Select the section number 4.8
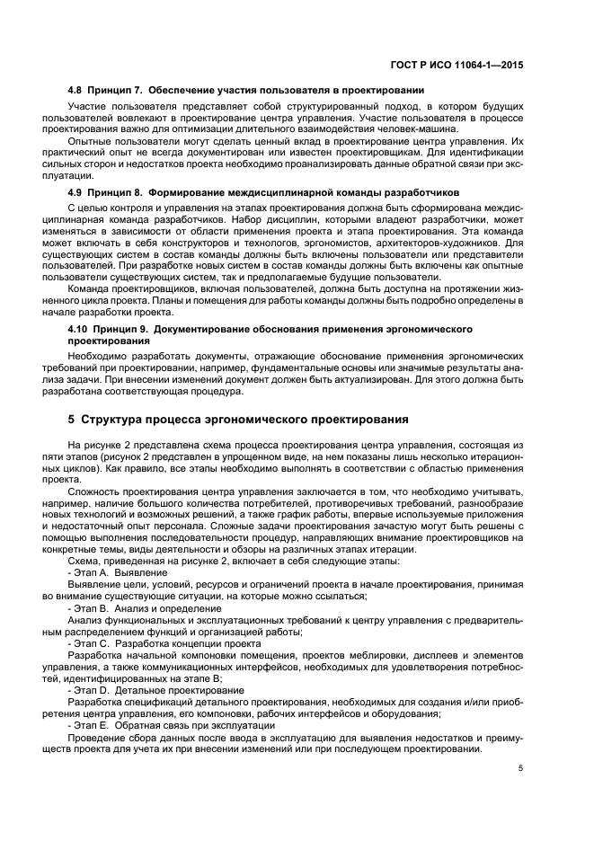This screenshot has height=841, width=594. click(77, 91)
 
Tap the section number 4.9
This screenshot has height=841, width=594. click(77, 193)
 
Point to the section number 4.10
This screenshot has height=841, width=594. click(80, 330)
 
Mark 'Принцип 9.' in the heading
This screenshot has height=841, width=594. click(122, 330)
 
